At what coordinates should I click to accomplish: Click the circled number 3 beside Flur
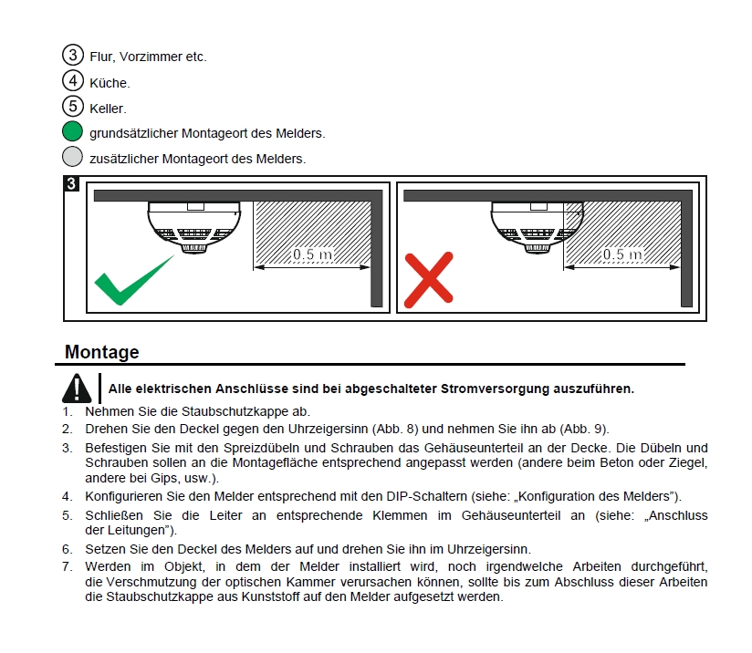coord(73,55)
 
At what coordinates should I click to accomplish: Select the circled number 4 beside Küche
coord(73,81)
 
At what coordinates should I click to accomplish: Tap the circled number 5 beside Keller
coord(73,107)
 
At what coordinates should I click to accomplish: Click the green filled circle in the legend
coord(73,132)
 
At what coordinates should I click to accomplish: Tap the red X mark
coord(428,279)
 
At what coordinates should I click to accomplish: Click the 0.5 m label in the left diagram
coord(313,254)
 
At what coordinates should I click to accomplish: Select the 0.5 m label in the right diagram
coord(622,254)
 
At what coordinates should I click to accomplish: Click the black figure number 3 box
coord(72,184)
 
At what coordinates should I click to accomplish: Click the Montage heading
coord(102,352)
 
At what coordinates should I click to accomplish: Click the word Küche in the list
coord(110,82)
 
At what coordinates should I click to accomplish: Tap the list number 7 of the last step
coord(67,566)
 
